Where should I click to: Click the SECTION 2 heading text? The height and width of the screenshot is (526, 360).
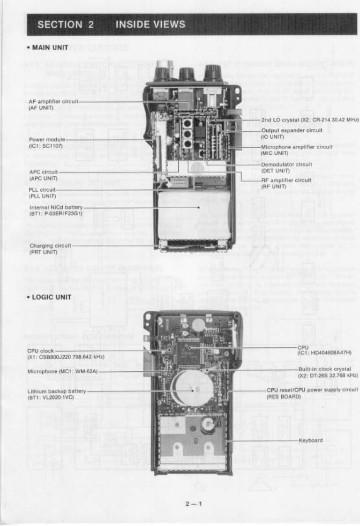pos(66,25)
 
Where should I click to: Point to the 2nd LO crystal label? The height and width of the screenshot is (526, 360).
pos(309,120)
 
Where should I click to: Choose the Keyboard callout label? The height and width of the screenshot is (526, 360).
pos(310,441)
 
